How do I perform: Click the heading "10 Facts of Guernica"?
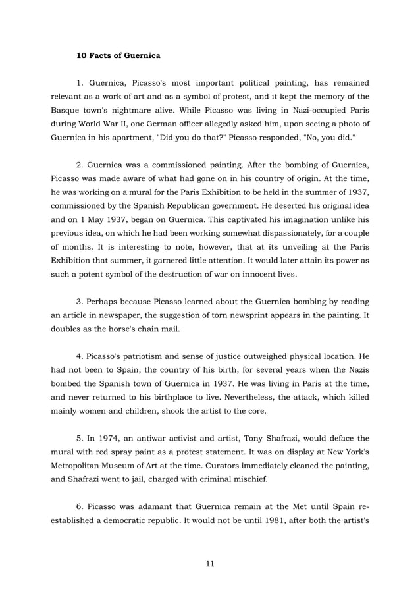118,55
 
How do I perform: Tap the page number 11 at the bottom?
209,564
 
